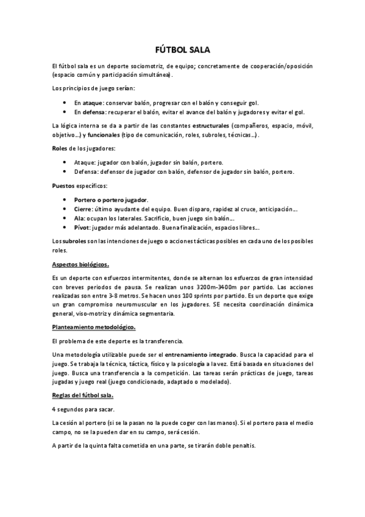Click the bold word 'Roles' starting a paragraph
coord(60,148)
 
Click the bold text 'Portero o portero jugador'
coord(110,199)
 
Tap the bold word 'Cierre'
coord(82,208)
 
